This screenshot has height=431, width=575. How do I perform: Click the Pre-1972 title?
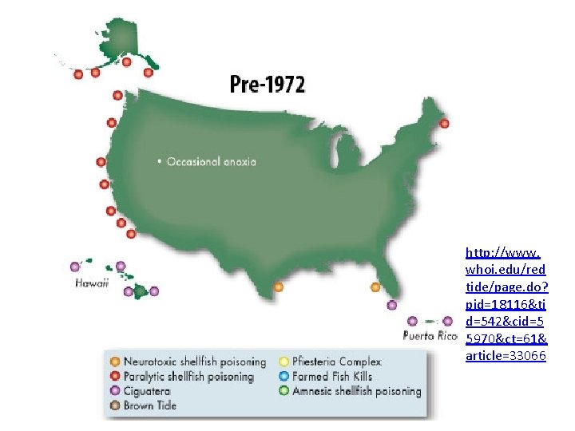pyautogui.click(x=266, y=84)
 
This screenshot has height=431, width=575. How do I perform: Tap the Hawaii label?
pyautogui.click(x=92, y=283)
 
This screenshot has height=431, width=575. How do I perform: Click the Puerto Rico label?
pyautogui.click(x=430, y=335)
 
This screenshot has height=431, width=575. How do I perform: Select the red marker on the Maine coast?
pyautogui.click(x=445, y=124)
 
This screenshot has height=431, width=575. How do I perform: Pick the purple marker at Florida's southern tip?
pyautogui.click(x=391, y=305)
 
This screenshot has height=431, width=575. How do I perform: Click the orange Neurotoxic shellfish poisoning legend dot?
pyautogui.click(x=116, y=362)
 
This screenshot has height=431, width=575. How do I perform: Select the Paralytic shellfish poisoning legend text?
pyautogui.click(x=188, y=376)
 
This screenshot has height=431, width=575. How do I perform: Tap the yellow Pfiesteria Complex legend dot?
pyautogui.click(x=284, y=362)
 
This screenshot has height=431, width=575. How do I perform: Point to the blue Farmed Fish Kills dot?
pyautogui.click(x=284, y=376)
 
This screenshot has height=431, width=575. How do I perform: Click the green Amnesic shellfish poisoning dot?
pyautogui.click(x=284, y=391)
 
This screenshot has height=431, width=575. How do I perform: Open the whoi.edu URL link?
pyautogui.click(x=506, y=303)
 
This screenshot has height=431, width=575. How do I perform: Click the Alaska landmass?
pyautogui.click(x=124, y=36)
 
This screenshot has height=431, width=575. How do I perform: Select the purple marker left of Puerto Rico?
pyautogui.click(x=412, y=321)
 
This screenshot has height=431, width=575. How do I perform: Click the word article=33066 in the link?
pyautogui.click(x=506, y=356)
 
